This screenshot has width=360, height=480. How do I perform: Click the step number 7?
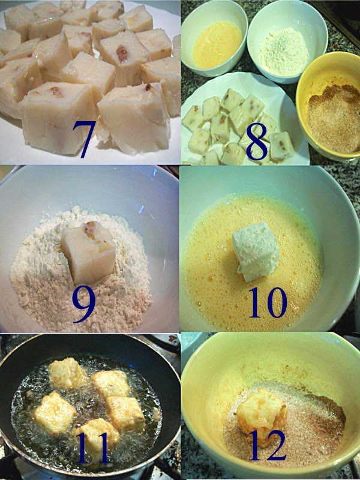click(x=84, y=139)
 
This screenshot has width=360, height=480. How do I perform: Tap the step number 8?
click(x=257, y=142)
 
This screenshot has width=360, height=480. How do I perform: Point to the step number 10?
click(x=268, y=303)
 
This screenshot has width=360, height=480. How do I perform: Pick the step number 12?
click(x=268, y=445)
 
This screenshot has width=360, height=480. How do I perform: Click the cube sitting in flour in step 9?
click(x=88, y=252)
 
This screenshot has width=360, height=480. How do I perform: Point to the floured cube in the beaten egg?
click(x=256, y=251)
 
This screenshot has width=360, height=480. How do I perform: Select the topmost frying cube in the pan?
click(x=67, y=373)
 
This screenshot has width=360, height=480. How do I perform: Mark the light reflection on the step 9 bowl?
click(x=141, y=209)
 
